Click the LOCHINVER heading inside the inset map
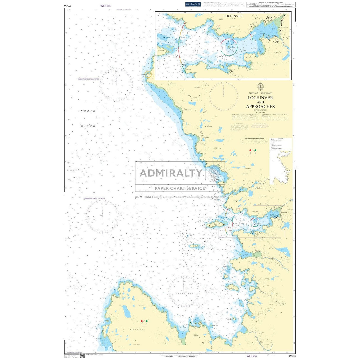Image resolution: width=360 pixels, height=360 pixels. click(x=233, y=16)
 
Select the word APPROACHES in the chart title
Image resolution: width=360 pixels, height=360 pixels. click(x=260, y=106)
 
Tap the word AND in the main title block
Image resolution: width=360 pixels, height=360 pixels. click(x=260, y=102)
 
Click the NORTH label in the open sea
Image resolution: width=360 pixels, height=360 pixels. click(x=88, y=111)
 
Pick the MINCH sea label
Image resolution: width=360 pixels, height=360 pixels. click(x=88, y=126)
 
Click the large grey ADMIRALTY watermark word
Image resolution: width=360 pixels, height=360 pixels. click(x=171, y=173)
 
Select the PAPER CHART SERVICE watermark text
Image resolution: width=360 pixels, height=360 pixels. click(x=180, y=188)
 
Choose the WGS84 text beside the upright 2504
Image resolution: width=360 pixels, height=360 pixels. click(x=251, y=356)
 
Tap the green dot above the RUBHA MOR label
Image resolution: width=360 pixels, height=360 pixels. click(x=146, y=321)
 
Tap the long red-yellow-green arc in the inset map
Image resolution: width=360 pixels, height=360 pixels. click(x=180, y=47)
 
